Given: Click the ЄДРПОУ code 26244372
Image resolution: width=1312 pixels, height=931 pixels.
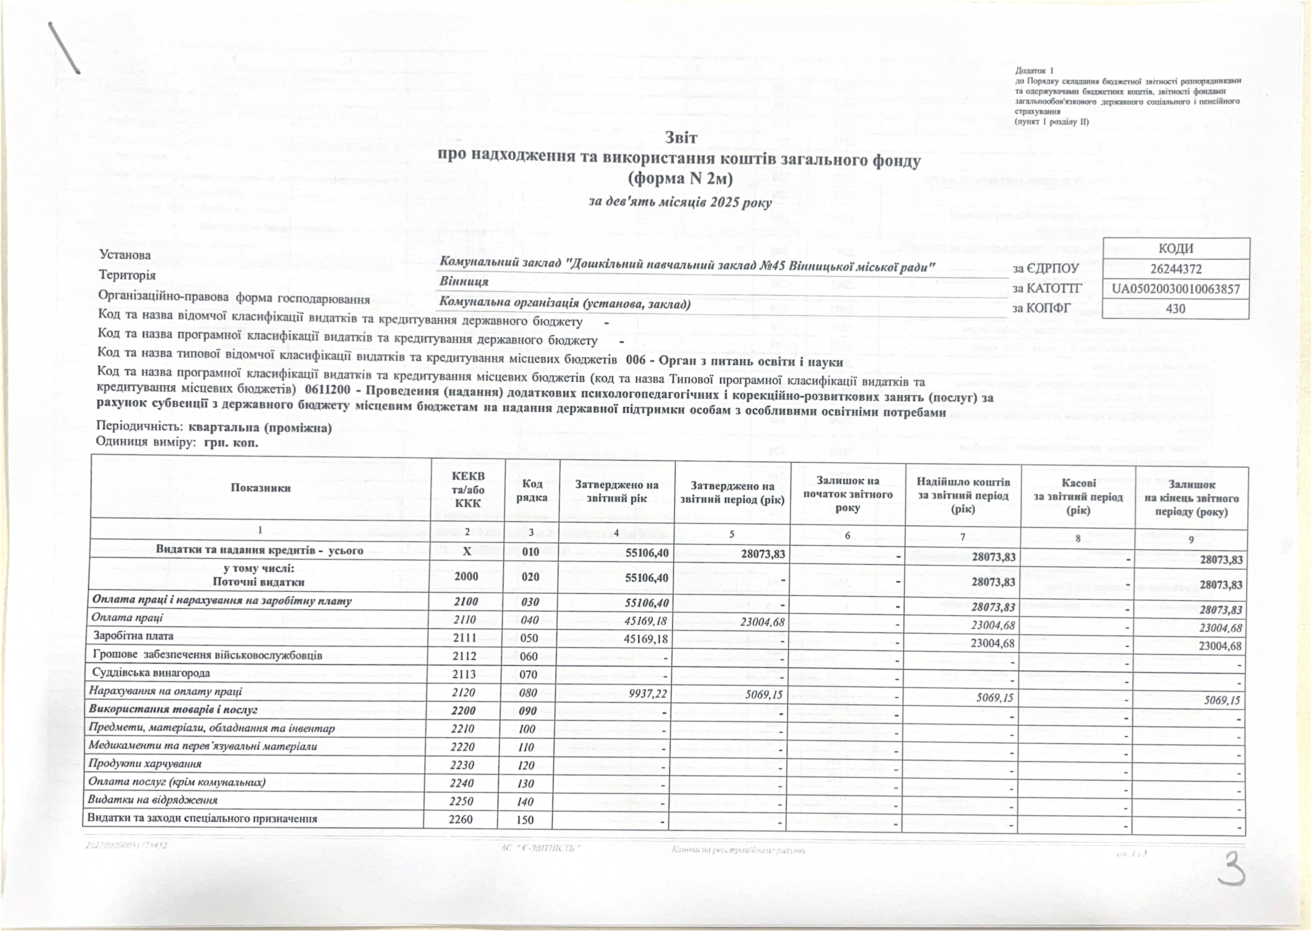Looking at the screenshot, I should [x=1176, y=269].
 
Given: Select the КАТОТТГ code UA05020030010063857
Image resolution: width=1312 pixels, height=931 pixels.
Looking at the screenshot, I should [x=1176, y=289].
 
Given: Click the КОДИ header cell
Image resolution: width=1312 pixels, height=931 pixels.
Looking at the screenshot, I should [x=1176, y=248].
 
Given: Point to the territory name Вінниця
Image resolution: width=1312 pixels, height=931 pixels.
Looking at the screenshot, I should [x=464, y=281].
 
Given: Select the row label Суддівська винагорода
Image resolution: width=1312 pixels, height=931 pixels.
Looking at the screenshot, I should [x=151, y=672].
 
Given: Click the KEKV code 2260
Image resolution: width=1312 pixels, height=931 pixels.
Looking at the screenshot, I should [x=461, y=819].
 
